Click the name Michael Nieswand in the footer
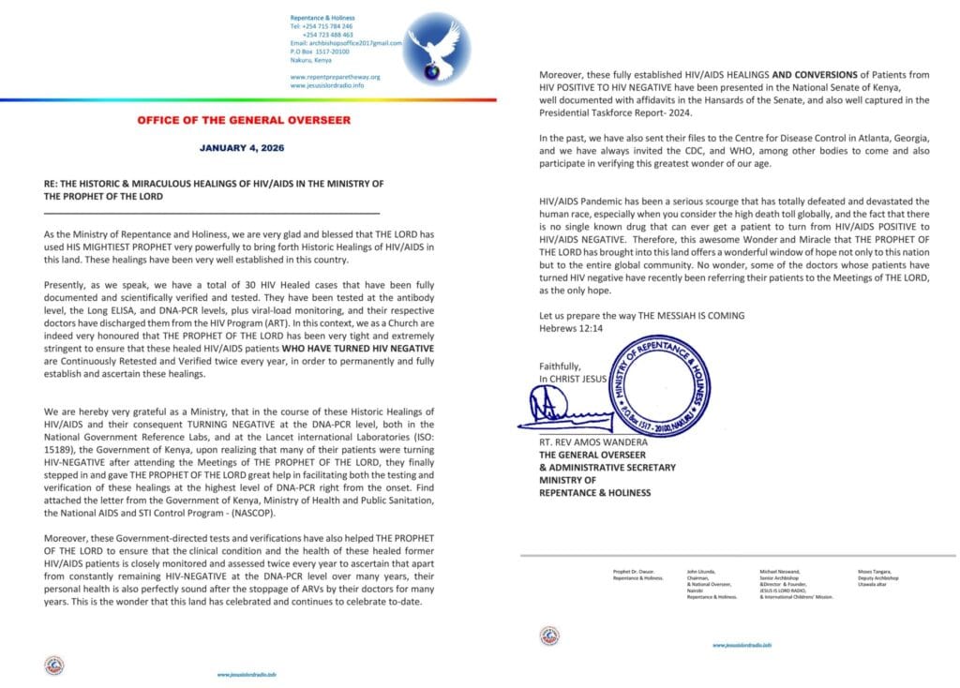click(x=779, y=570)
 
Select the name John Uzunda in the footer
click(x=700, y=570)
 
